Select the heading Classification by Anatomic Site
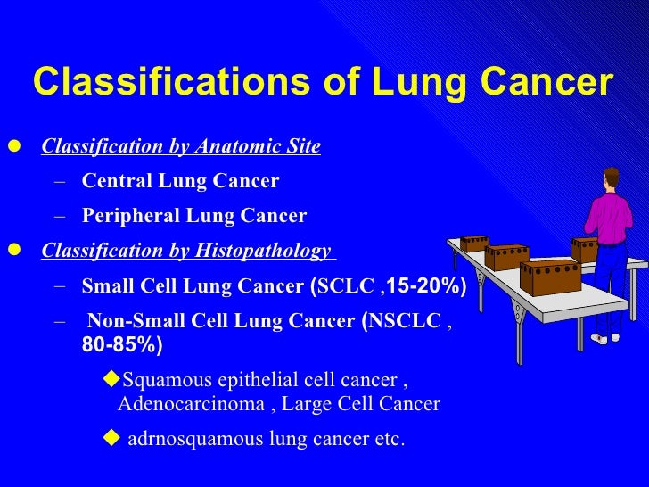pyautogui.click(x=181, y=147)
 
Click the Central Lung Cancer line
pyautogui.click(x=180, y=182)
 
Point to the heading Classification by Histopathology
pyautogui.click(x=186, y=252)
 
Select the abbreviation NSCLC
pyautogui.click(x=406, y=322)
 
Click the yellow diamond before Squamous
pyautogui.click(x=111, y=381)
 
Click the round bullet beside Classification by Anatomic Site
pyautogui.click(x=12, y=147)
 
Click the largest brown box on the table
pyautogui.click(x=550, y=277)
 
